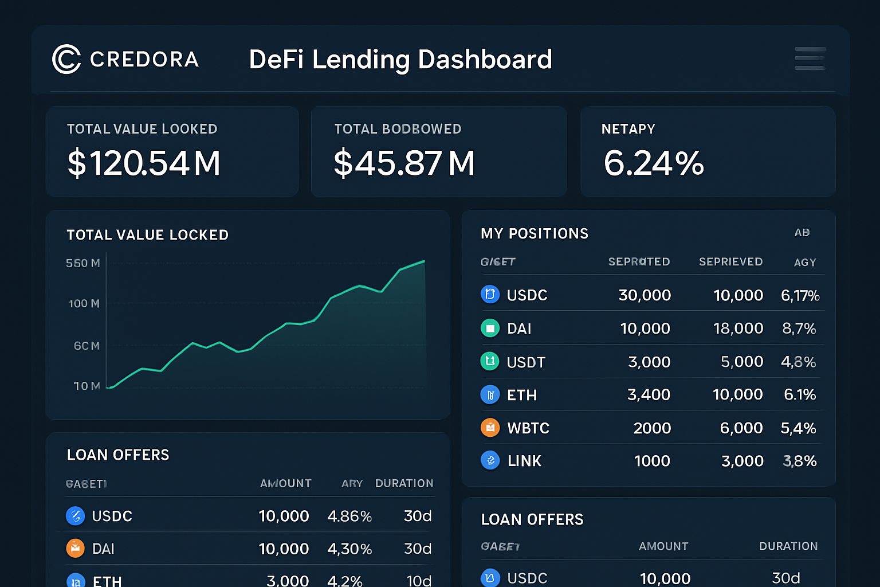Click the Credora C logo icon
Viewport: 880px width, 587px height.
pos(66,59)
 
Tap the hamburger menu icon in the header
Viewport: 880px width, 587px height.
pos(810,59)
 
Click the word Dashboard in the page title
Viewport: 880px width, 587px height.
pos(485,60)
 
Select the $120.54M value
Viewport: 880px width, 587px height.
pos(144,163)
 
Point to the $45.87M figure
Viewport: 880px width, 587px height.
pos(404,163)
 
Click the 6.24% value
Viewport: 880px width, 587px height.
pos(653,163)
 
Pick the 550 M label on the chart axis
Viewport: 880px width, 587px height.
pos(82,263)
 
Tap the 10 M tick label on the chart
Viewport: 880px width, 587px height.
pos(87,386)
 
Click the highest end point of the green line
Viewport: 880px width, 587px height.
pos(424,261)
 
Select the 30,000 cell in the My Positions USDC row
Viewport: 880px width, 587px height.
pos(645,295)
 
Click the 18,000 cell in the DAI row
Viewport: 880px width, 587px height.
pos(738,328)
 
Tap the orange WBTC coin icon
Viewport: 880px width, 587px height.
pos(490,428)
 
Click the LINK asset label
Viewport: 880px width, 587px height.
pos(524,461)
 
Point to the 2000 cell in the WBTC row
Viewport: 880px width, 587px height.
pos(652,428)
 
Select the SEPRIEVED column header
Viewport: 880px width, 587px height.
pos(730,262)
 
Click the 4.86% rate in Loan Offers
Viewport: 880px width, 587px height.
pos(349,516)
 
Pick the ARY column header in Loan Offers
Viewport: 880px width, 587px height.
pos(352,483)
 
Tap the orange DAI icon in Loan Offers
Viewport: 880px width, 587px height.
pos(75,549)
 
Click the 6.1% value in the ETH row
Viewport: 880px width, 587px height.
pos(800,395)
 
